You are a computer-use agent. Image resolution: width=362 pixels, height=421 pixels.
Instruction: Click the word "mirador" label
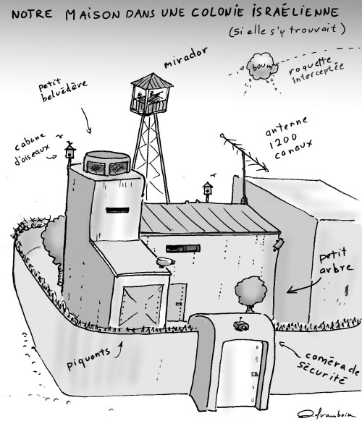[185, 57]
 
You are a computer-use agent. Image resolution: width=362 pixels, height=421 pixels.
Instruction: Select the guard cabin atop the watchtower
[151, 94]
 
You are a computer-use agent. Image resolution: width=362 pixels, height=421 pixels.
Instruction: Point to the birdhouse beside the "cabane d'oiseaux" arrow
[70, 153]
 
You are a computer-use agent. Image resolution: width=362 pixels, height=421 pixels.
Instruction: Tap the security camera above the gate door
[241, 325]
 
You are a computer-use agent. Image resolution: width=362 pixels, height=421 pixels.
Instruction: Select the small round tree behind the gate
[251, 293]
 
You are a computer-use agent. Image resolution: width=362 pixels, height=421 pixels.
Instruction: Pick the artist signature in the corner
[327, 414]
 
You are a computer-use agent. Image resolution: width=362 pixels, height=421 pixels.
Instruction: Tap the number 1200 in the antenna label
[282, 141]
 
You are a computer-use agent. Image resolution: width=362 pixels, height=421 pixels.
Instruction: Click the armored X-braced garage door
[142, 305]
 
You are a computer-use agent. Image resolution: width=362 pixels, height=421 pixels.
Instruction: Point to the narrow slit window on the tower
[117, 210]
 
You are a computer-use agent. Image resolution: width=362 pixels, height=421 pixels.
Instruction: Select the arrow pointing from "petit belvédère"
[86, 120]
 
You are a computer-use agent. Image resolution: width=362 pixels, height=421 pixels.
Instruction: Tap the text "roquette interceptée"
[316, 70]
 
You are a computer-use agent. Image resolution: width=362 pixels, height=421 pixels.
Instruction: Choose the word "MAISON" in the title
[92, 14]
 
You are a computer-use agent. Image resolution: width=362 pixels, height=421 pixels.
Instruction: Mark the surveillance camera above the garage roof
[165, 262]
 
